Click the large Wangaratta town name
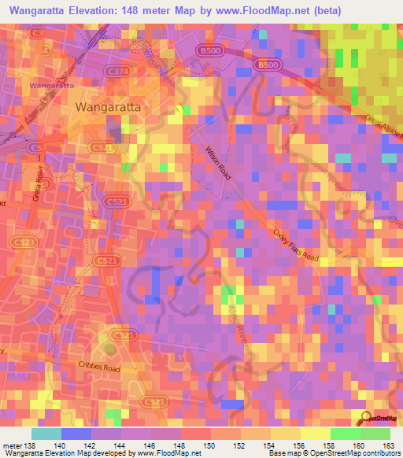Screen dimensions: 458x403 pos(108,105)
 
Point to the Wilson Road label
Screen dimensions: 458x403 pos(220,162)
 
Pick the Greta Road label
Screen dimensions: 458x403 pos(37,183)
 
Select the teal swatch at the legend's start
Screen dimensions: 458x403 pos(46,434)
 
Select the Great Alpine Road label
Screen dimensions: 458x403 pos(383,130)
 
